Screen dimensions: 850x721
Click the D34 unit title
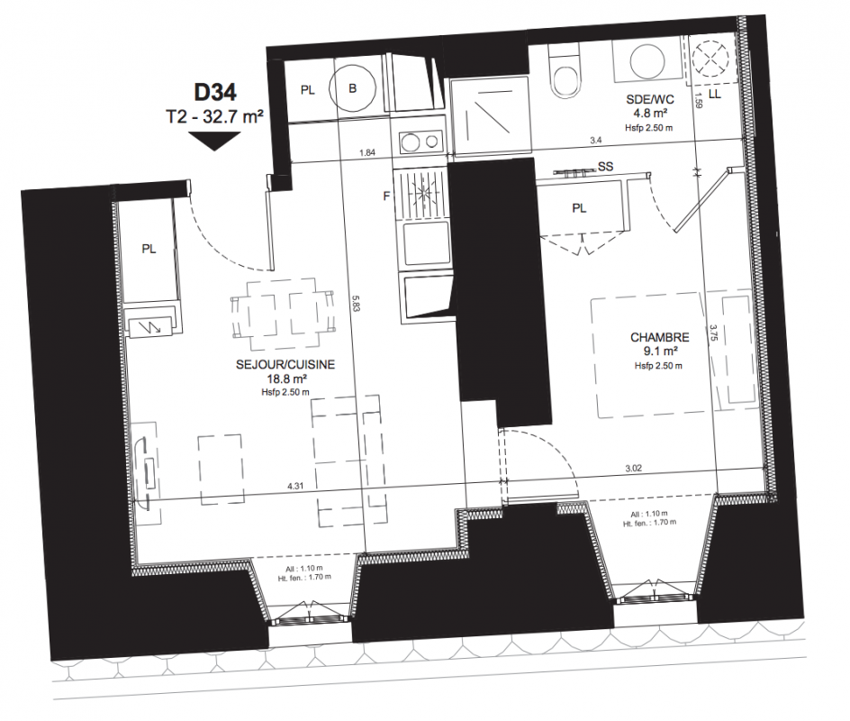[x=215, y=92]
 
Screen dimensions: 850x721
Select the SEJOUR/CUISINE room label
[x=285, y=365]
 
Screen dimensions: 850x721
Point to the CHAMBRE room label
[x=660, y=337]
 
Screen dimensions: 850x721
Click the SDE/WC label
[x=650, y=99]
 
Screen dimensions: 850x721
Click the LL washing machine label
[x=715, y=95]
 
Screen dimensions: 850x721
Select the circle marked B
[x=354, y=88]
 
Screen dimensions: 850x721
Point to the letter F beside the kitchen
[x=386, y=196]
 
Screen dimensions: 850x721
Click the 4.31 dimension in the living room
[x=295, y=486]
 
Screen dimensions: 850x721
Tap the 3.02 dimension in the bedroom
[x=633, y=468]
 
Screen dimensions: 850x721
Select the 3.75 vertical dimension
[x=713, y=332]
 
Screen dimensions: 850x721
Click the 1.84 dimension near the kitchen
[x=367, y=153]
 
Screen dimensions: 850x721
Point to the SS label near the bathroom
[x=605, y=167]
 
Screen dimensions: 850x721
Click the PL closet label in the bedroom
[x=579, y=208]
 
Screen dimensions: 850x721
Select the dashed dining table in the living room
[x=281, y=315]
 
